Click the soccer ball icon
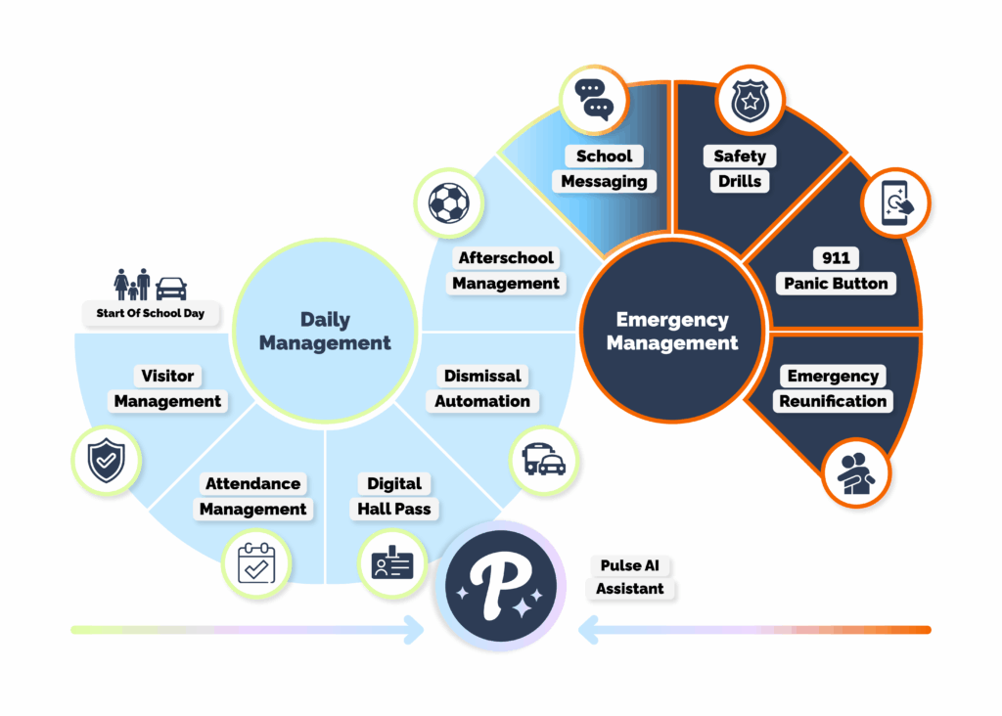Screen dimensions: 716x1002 [x=448, y=202]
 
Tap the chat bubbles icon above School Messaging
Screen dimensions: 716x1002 [x=593, y=98]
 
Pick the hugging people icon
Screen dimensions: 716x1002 [x=856, y=473]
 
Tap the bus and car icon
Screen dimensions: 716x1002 [x=544, y=457]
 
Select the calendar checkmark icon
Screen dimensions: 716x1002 [x=256, y=563]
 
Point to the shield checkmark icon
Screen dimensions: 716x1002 [x=107, y=459]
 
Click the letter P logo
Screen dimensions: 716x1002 [x=500, y=585]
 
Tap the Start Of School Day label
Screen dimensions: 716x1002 [x=150, y=314]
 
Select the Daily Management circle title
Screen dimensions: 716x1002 [x=325, y=331]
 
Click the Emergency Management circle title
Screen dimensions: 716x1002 [x=671, y=331]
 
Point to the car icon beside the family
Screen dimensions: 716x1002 [x=171, y=288]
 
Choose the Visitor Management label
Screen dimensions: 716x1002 [x=167, y=388]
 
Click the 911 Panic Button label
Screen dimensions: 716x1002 [x=835, y=271]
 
